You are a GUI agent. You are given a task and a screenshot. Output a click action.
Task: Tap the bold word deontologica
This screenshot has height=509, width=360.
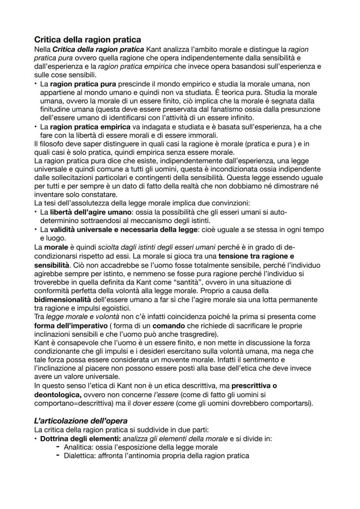(x=58, y=394)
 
